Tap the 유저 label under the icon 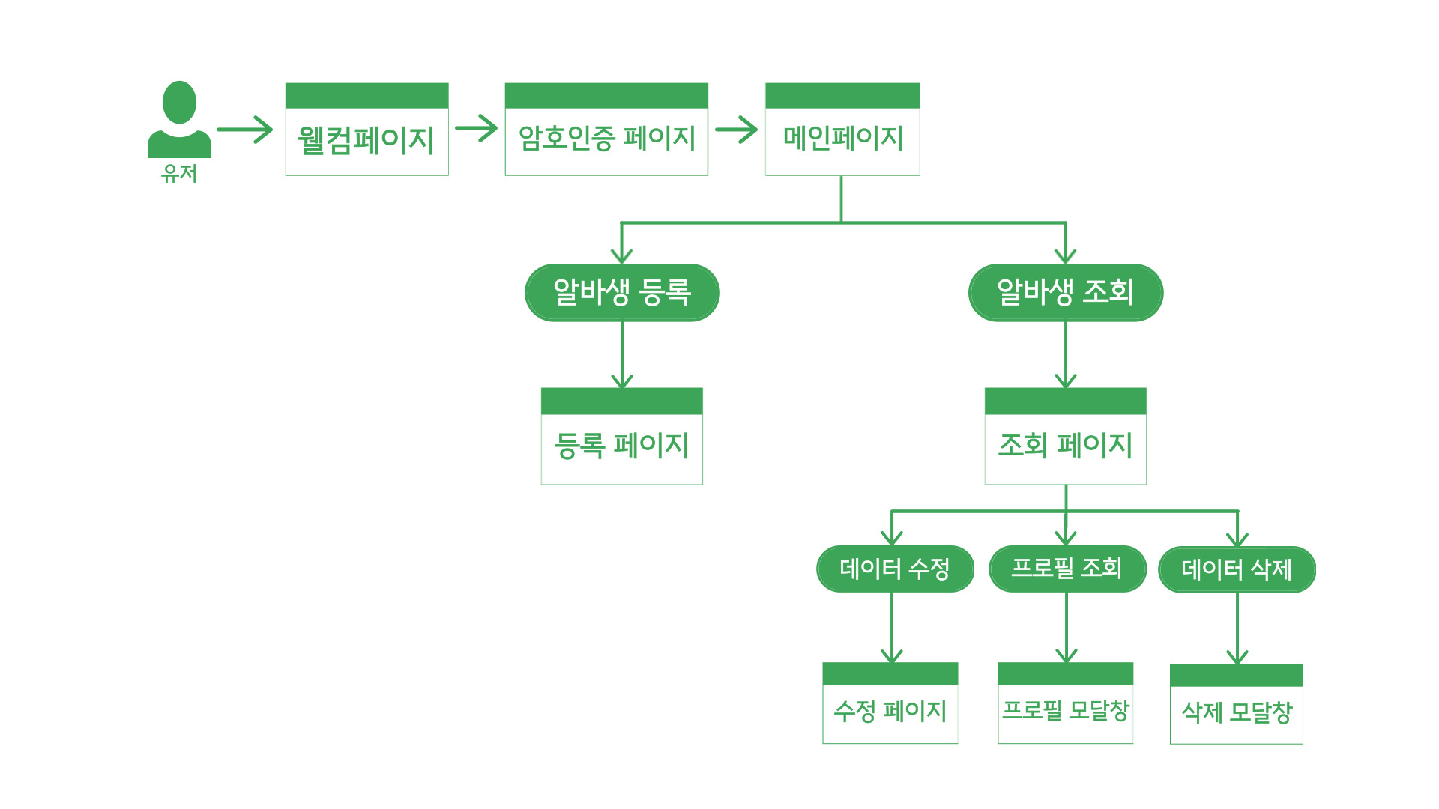(179, 174)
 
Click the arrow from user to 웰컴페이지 (245, 130)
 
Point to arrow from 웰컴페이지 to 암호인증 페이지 (477, 128)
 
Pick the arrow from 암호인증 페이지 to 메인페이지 (737, 129)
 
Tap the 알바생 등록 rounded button (622, 292)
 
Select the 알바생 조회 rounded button (1066, 292)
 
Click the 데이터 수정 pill (895, 569)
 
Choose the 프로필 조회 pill (1067, 568)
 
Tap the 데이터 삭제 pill (1237, 569)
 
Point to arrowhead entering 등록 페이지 (622, 381)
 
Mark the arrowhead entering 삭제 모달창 (1237, 657)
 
